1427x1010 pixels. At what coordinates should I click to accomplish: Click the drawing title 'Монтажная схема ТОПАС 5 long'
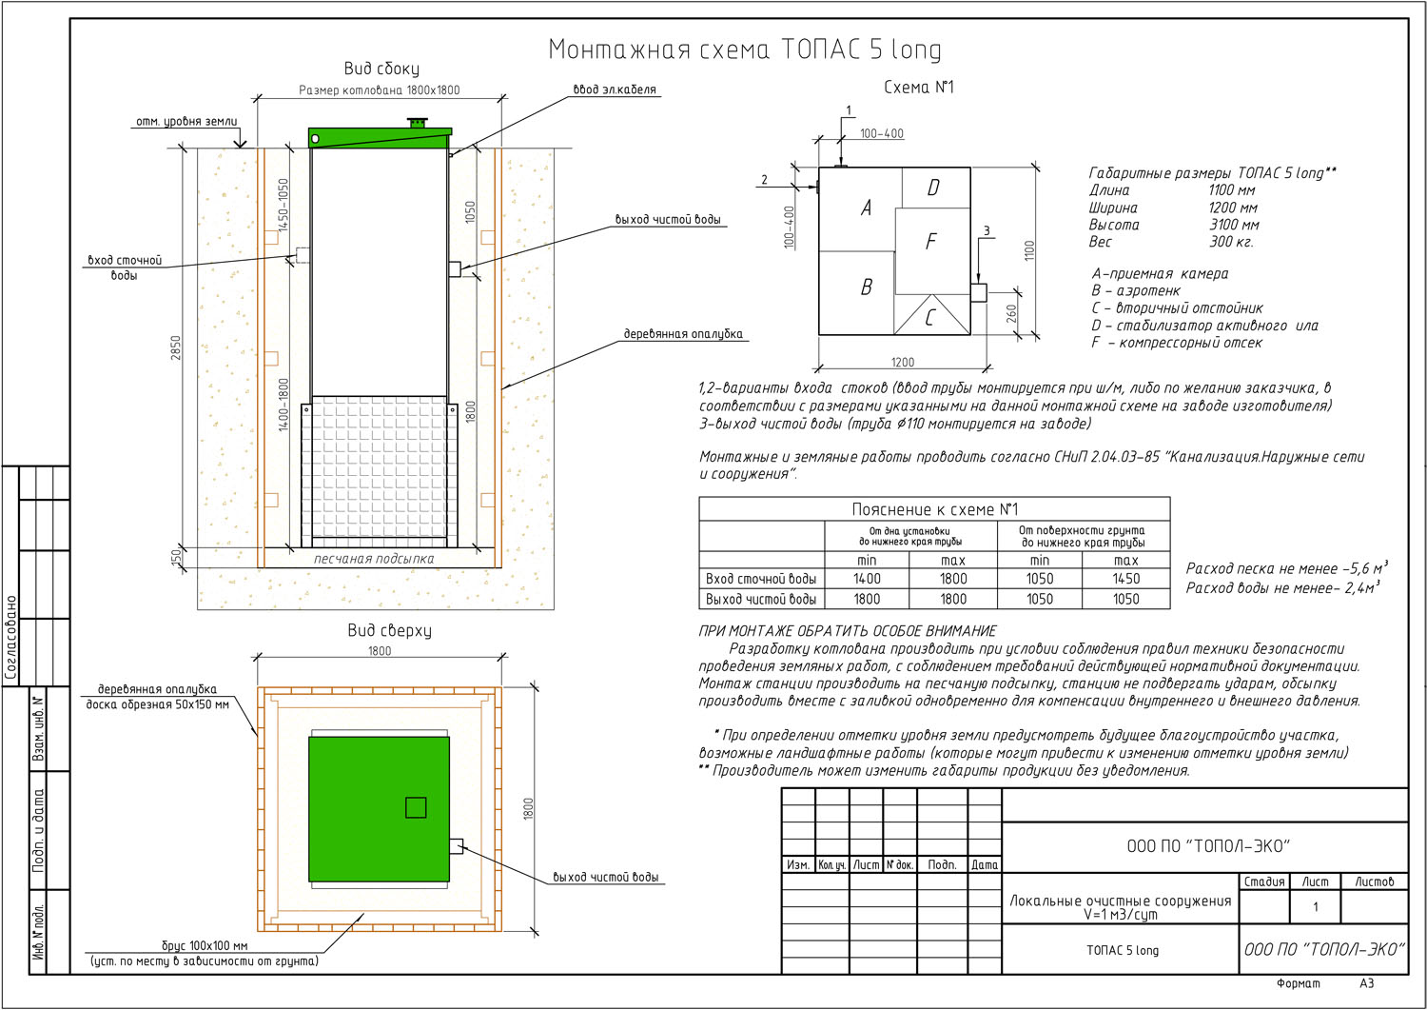[x=745, y=50]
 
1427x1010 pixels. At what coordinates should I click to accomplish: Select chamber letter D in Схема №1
[x=933, y=188]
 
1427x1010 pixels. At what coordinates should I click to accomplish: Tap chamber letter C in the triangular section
[x=929, y=318]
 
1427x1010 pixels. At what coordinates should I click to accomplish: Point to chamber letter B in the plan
[x=867, y=287]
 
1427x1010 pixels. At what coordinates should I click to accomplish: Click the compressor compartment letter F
[x=930, y=241]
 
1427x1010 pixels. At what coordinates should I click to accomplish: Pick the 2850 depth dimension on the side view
[x=176, y=347]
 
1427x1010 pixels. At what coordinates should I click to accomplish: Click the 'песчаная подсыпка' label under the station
[x=374, y=559]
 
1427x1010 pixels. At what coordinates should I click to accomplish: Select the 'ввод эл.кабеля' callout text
[x=615, y=89]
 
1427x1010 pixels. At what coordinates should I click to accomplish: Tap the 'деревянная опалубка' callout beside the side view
[x=683, y=333]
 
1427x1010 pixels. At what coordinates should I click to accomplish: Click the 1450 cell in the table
[x=1125, y=579]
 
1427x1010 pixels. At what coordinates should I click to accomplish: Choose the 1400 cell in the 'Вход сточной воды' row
[x=867, y=579]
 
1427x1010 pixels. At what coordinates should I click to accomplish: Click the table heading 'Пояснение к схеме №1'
[x=934, y=509]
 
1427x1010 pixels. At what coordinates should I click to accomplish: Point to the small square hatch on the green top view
[x=416, y=807]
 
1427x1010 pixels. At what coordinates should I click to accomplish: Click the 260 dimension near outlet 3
[x=1011, y=314]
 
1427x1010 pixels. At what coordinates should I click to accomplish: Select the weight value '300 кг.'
[x=1231, y=242]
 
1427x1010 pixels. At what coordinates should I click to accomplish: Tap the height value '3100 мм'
[x=1234, y=225]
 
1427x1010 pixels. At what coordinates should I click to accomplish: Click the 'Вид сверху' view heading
[x=389, y=630]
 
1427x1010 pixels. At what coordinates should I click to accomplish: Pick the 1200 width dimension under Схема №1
[x=903, y=362]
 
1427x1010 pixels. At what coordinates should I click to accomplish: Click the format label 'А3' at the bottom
[x=1366, y=983]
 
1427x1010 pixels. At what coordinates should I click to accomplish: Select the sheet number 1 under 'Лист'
[x=1316, y=906]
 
